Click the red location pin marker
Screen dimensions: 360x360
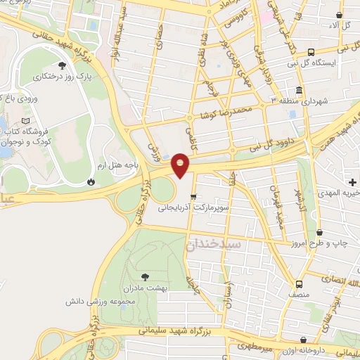(x=181, y=165)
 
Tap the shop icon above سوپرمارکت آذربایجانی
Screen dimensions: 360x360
(x=193, y=197)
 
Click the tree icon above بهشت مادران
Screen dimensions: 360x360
(x=146, y=277)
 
